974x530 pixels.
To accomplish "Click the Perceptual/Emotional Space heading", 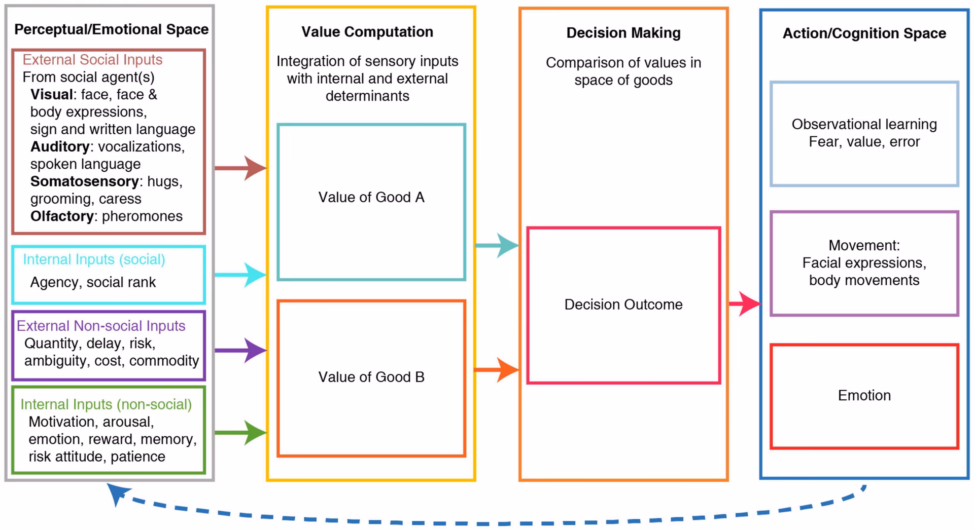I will pos(111,29).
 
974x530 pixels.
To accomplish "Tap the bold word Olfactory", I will pos(62,216).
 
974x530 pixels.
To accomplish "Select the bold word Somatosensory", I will pos(84,181).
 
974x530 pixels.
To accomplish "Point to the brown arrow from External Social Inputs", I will pos(241,168).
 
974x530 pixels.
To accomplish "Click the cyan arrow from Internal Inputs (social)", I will pos(241,275).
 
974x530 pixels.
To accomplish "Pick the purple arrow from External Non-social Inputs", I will pos(241,350).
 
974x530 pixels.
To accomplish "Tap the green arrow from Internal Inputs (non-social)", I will pos(241,432).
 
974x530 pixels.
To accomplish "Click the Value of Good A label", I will pos(371,197).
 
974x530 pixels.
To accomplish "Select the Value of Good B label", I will pos(371,377).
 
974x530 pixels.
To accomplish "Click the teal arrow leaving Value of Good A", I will pos(497,245).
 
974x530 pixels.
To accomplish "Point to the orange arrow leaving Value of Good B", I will pos(497,370).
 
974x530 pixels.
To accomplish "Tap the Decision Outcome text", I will pos(623,305).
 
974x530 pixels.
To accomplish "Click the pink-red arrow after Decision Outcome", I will pos(745,304).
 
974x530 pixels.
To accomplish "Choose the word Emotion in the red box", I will pos(864,395).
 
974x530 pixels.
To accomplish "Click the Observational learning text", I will pos(864,124).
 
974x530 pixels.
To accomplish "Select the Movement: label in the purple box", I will pos(864,246).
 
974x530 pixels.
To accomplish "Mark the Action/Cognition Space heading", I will pos(864,33).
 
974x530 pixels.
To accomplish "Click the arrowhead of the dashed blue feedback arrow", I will pos(118,493).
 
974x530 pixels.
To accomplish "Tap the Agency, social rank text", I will pos(93,282).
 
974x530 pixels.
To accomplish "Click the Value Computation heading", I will pos(367,32).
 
